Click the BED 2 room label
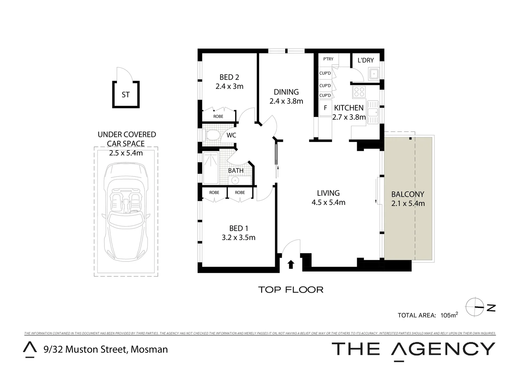point(229,77)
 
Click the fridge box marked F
point(325,108)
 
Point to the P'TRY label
point(328,59)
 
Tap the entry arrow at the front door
point(291,264)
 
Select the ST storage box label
point(125,95)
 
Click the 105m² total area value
point(449,315)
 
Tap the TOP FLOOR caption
point(291,290)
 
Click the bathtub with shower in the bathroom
point(211,168)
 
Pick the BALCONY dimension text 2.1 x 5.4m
point(408,204)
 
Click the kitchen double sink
point(373,112)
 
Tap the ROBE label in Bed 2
point(218,117)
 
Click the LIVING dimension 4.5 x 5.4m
point(328,203)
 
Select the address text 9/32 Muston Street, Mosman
point(105,349)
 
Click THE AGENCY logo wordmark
point(413,349)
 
